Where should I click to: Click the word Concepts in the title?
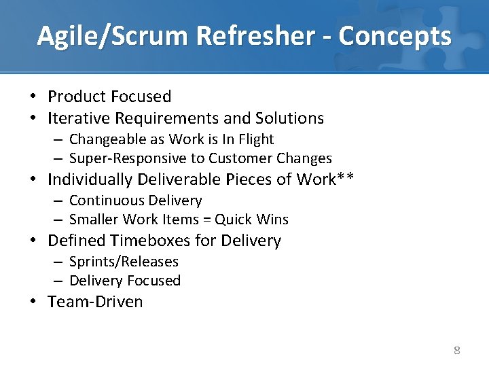[395, 35]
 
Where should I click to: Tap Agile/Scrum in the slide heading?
[100, 35]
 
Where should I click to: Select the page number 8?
[456, 351]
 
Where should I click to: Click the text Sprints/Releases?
[124, 262]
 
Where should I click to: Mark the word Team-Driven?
[95, 302]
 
